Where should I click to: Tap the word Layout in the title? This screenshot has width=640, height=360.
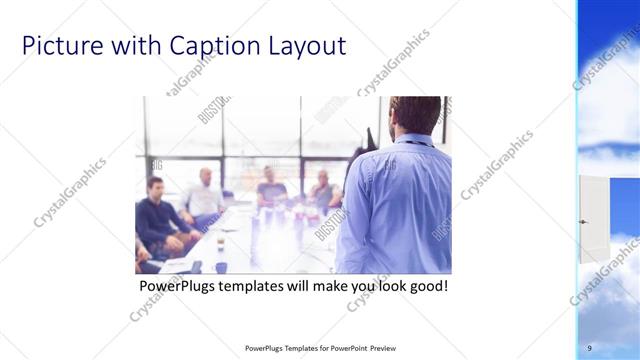click(308, 46)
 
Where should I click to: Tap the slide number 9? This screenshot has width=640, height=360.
click(589, 347)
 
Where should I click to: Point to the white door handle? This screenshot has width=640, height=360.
click(583, 221)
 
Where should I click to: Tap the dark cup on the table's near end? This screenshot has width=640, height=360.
click(221, 267)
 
